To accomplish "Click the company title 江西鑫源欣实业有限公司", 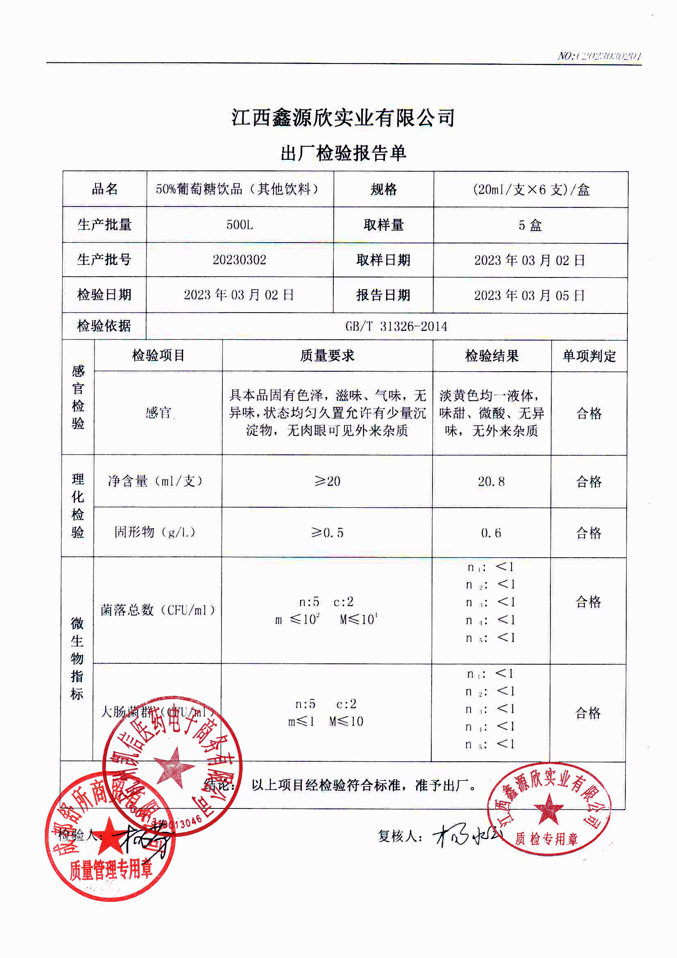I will pyautogui.click(x=343, y=118).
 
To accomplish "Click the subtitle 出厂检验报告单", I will pyautogui.click(x=343, y=154).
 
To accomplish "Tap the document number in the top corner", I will pyautogui.click(x=600, y=56).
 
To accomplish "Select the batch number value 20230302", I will pyautogui.click(x=240, y=260).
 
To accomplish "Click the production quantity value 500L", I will pyautogui.click(x=240, y=225).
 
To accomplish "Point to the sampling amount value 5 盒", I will pyautogui.click(x=530, y=225).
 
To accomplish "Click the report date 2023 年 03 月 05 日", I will pyautogui.click(x=530, y=295).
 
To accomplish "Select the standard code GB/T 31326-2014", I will pyautogui.click(x=396, y=326).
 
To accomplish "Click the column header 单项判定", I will pyautogui.click(x=589, y=356).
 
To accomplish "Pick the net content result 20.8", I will pyautogui.click(x=491, y=481).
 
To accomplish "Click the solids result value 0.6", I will pyautogui.click(x=491, y=533).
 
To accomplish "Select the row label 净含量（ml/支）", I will pyautogui.click(x=156, y=481).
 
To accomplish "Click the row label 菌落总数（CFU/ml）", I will pyautogui.click(x=158, y=610).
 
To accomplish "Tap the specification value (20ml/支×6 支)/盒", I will pyautogui.click(x=531, y=190).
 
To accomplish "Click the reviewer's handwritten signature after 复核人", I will pyautogui.click(x=465, y=835).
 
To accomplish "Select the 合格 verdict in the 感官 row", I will pyautogui.click(x=589, y=413).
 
